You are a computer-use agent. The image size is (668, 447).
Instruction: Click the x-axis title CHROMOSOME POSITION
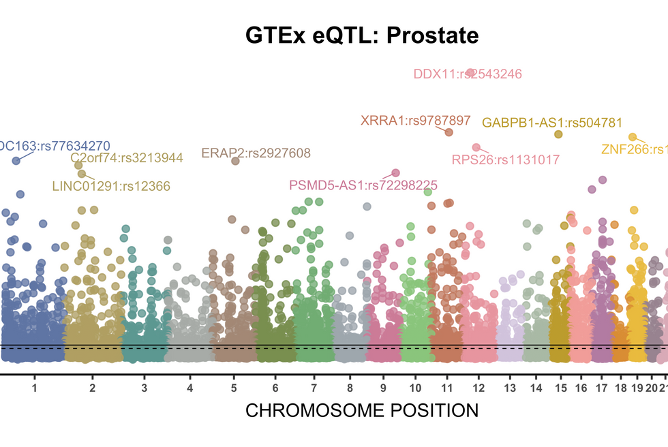click(x=361, y=411)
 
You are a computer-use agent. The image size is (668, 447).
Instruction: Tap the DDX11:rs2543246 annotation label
click(x=468, y=74)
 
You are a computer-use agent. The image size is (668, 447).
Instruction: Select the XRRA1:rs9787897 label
click(x=415, y=121)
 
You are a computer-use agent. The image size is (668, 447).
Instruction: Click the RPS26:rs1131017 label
click(x=505, y=160)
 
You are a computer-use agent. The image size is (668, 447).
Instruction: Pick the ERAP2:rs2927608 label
click(x=256, y=153)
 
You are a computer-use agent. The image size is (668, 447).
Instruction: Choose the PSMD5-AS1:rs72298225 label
click(x=363, y=185)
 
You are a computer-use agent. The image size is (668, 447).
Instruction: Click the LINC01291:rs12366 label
click(x=111, y=185)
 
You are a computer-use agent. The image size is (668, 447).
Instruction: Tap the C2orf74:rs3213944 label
click(x=127, y=158)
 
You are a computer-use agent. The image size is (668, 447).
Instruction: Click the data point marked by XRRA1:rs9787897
click(x=449, y=132)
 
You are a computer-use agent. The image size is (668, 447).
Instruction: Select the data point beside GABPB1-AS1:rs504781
click(x=558, y=134)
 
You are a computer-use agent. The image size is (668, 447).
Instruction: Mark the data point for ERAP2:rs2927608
click(x=235, y=161)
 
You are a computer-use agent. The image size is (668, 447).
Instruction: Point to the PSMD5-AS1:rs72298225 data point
click(x=395, y=173)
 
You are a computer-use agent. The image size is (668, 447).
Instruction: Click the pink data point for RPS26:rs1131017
click(x=476, y=147)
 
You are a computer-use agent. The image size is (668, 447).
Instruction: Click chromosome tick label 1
click(x=34, y=388)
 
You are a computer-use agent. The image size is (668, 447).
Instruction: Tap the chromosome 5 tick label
click(x=234, y=388)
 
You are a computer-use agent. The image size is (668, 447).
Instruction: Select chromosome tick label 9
click(x=383, y=388)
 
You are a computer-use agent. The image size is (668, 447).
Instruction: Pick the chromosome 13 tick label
click(x=510, y=388)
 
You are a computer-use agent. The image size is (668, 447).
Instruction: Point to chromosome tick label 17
click(x=601, y=388)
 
